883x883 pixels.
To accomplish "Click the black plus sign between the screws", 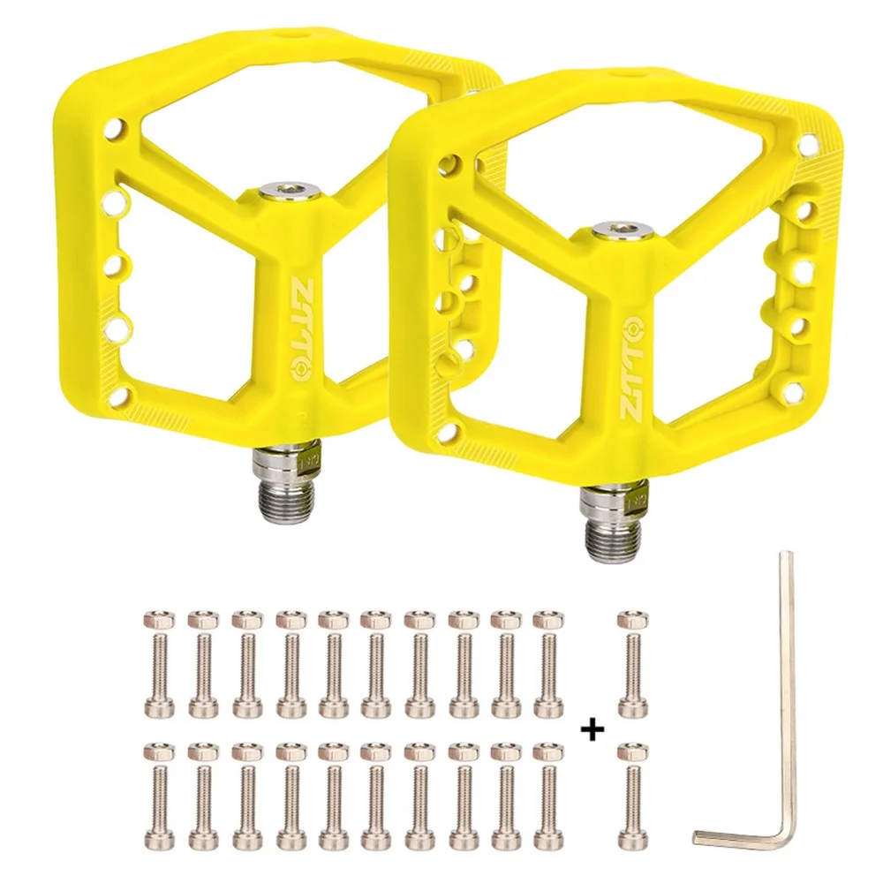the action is coord(592,730).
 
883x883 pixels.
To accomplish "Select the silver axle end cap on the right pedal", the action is coord(623,230).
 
